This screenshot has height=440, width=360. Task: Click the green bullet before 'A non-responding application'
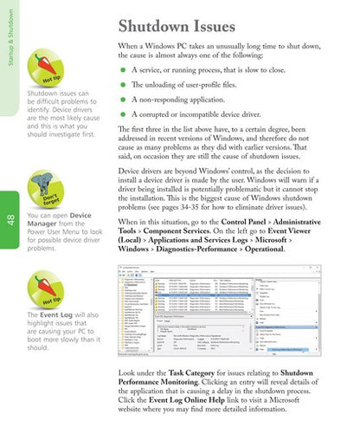[123, 113]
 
